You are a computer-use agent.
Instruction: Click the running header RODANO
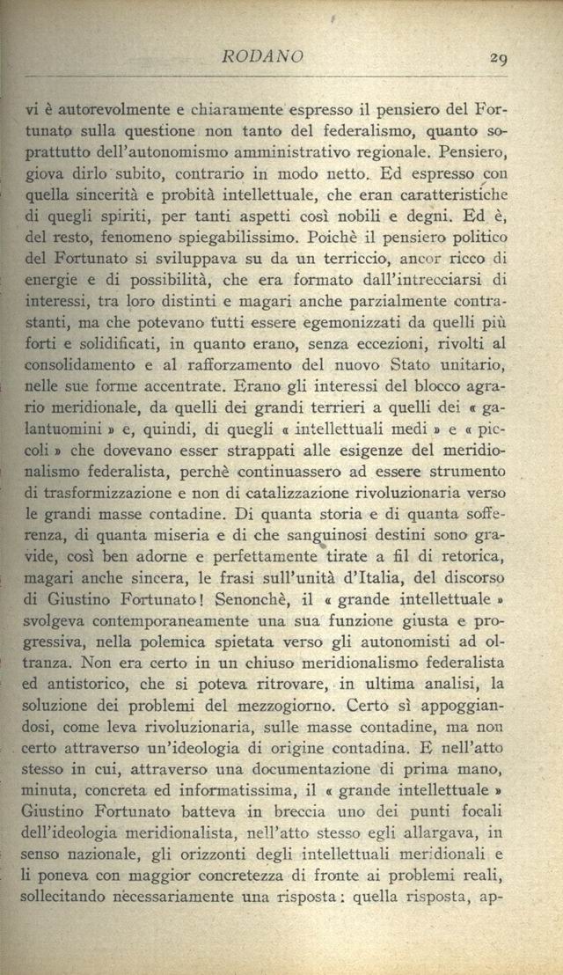[x=263, y=58]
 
